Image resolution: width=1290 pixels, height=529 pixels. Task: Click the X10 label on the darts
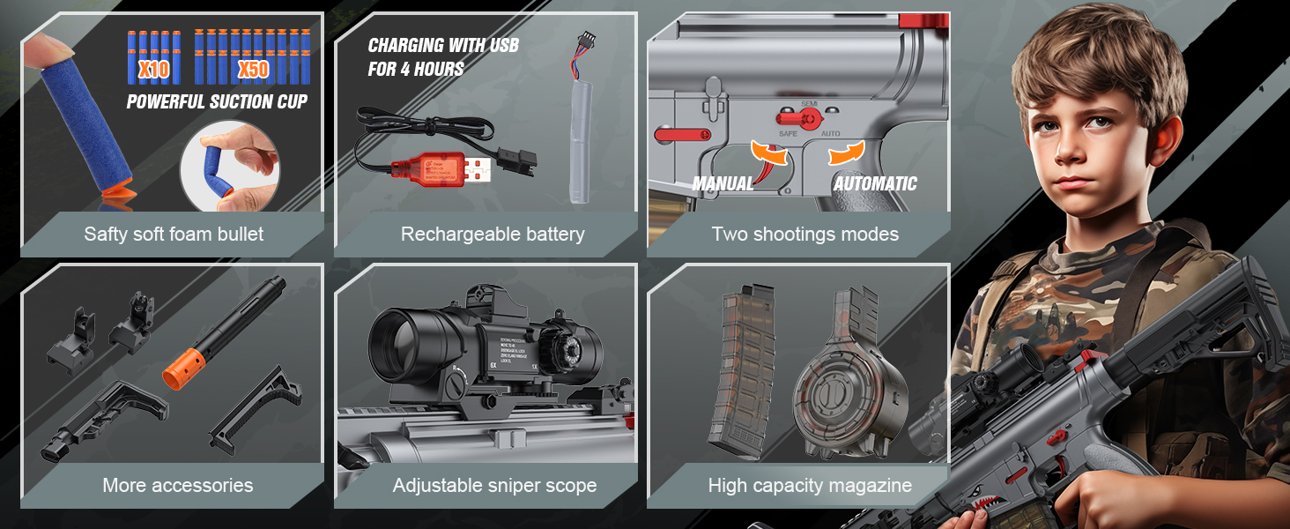pyautogui.click(x=154, y=68)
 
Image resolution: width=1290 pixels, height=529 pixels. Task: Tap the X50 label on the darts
pyautogui.click(x=253, y=69)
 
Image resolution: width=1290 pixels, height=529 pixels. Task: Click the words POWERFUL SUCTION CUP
pyautogui.click(x=217, y=101)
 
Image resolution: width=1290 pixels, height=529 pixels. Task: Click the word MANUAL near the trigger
pyautogui.click(x=723, y=184)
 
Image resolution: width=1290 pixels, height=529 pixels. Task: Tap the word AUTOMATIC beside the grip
pyautogui.click(x=875, y=184)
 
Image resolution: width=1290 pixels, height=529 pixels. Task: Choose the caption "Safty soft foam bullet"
pyautogui.click(x=174, y=234)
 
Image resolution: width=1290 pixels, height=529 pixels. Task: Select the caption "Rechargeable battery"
pyautogui.click(x=493, y=234)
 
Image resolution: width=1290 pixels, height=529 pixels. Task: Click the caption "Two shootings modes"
pyautogui.click(x=804, y=234)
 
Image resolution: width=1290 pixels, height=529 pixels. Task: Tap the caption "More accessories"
pyautogui.click(x=177, y=485)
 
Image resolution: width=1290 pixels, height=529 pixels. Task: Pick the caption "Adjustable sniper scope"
pyautogui.click(x=494, y=485)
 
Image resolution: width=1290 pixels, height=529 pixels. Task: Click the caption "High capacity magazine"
pyautogui.click(x=809, y=485)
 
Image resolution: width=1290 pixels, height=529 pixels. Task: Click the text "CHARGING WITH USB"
pyautogui.click(x=443, y=46)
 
